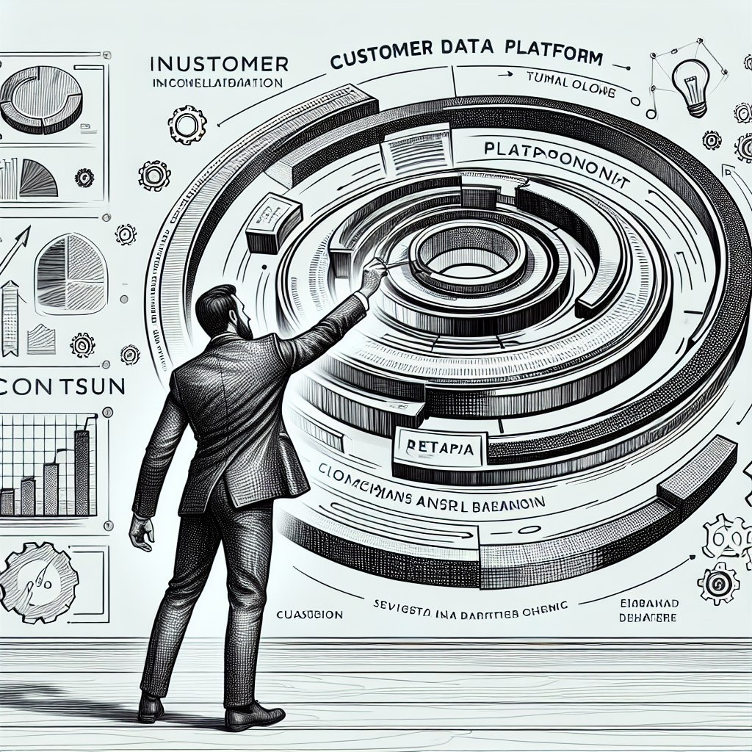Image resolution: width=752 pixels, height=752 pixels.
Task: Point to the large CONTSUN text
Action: tap(62, 388)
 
